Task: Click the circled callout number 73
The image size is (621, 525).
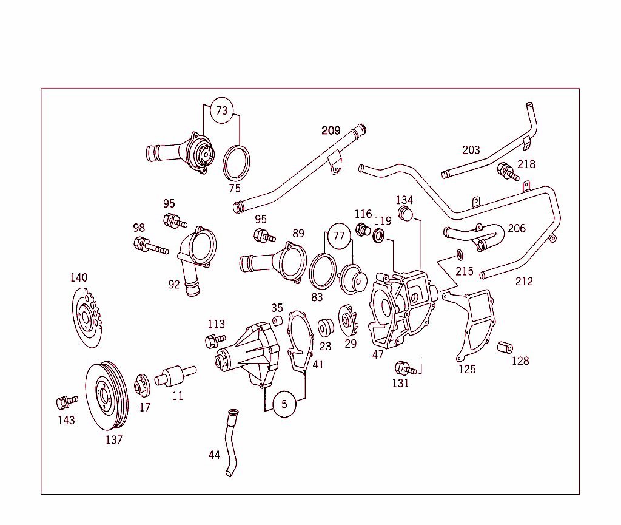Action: [222, 110]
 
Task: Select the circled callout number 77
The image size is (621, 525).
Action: [339, 235]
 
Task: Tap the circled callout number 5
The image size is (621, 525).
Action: [284, 404]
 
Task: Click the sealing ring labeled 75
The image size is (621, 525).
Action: [237, 163]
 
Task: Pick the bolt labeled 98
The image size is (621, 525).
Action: [149, 246]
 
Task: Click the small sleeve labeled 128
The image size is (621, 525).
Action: [505, 348]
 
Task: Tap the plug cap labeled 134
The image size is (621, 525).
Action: [404, 214]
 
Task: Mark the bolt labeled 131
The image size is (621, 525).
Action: [404, 368]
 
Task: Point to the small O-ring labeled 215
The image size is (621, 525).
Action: [459, 253]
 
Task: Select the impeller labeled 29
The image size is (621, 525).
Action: [349, 319]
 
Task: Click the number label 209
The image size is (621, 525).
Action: [331, 130]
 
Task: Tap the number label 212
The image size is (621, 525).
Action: [524, 281]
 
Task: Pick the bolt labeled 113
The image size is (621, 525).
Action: [215, 341]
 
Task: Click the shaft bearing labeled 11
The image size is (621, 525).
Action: [173, 375]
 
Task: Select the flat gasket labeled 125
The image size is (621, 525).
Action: [471, 322]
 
